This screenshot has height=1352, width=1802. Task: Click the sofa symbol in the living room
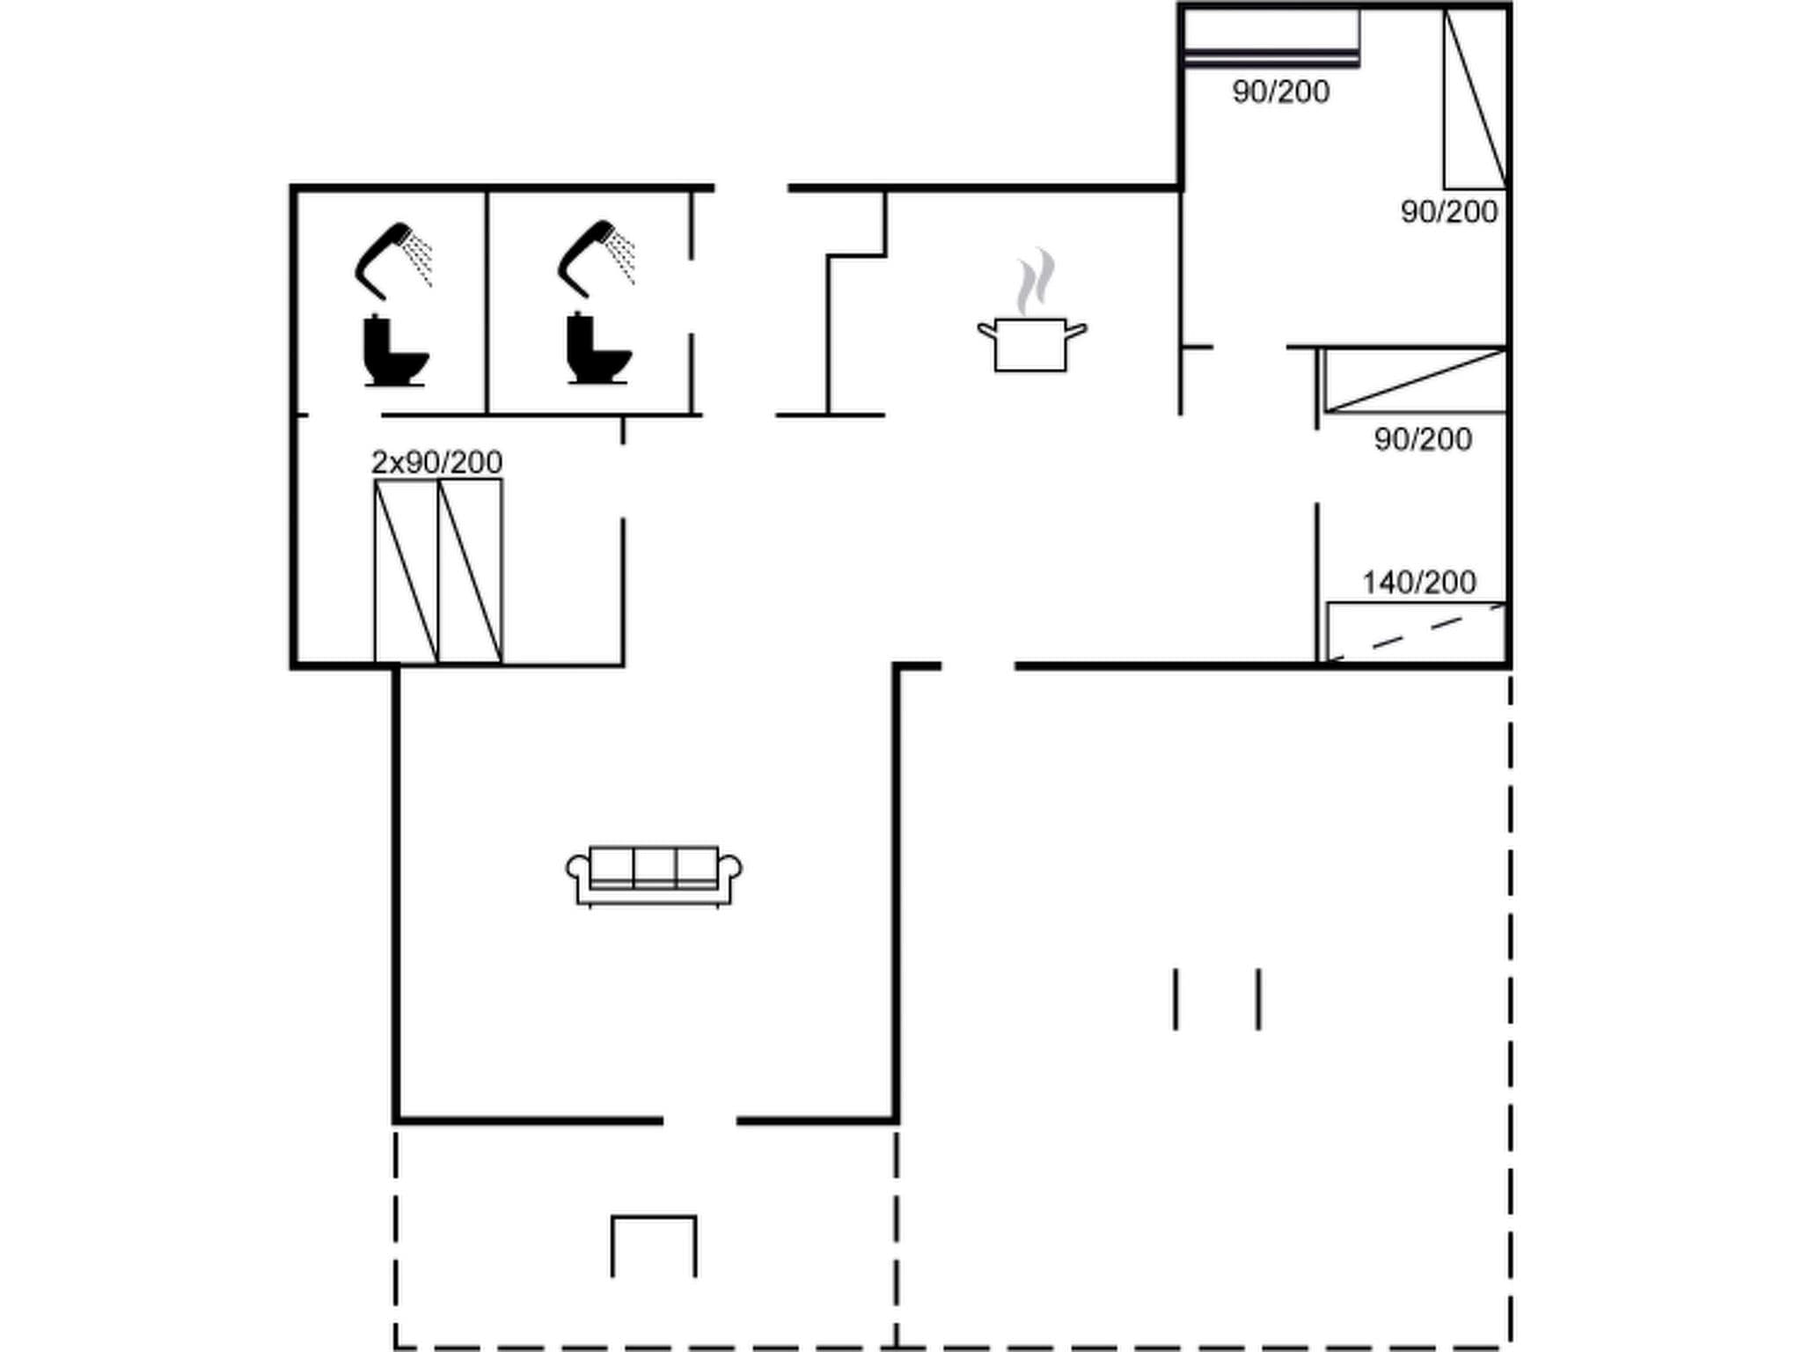point(654,875)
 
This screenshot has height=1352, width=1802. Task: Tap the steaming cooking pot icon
point(1031,334)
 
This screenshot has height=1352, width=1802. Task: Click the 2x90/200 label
point(436,462)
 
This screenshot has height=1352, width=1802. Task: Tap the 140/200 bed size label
point(1418,583)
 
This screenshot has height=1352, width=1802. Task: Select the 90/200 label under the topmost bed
point(1280,92)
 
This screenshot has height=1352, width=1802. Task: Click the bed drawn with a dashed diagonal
point(1416,632)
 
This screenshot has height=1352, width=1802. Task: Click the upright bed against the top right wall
point(1475,99)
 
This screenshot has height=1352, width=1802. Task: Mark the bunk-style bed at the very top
point(1271,37)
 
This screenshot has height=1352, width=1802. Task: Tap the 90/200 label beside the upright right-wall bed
point(1448,212)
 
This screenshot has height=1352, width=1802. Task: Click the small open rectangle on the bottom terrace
point(654,1245)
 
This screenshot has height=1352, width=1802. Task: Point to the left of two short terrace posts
point(1176,998)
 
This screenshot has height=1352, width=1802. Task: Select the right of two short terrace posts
point(1258,998)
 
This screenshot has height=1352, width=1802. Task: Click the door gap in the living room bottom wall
point(700,1121)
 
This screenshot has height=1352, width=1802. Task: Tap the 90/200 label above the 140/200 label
point(1422,439)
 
